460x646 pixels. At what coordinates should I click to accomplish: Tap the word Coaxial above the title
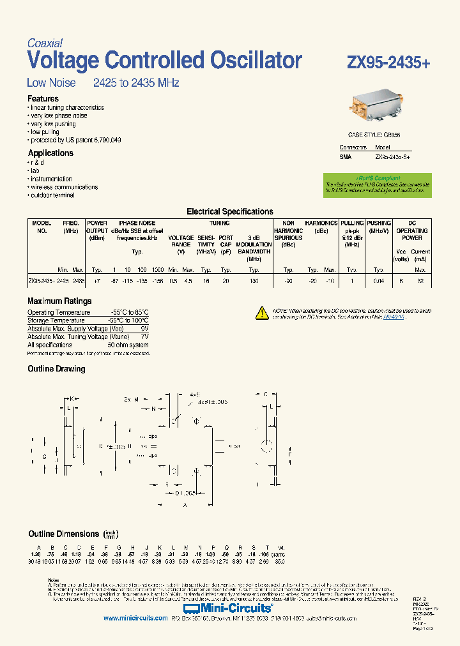[x=45, y=43]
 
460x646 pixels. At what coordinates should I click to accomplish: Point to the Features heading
[x=43, y=99]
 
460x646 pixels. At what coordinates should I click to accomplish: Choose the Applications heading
[x=50, y=153]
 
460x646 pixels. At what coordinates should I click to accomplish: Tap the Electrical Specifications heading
[x=229, y=211]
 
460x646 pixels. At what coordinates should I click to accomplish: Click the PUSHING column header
[x=379, y=223]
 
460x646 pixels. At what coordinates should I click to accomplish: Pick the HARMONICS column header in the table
[x=321, y=223]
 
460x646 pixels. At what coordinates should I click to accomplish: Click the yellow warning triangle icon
[x=262, y=312]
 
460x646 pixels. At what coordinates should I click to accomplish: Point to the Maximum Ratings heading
[x=59, y=301]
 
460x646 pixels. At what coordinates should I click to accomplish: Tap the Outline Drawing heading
[x=56, y=369]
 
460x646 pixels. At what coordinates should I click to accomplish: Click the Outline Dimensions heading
[x=63, y=534]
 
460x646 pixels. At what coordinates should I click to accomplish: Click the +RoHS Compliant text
[x=378, y=178]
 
